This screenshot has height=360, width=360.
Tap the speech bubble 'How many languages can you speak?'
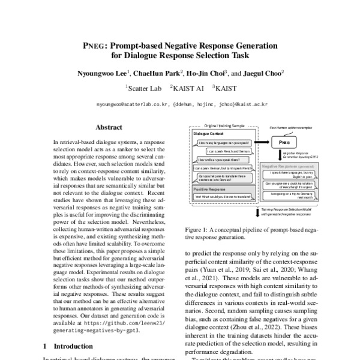pyautogui.click(x=223, y=143)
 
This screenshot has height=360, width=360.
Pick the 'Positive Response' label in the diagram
pyautogui.click(x=210, y=188)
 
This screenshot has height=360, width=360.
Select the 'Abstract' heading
pyautogui.click(x=109, y=127)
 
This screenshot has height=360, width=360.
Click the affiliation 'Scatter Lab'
pyautogui.click(x=142, y=88)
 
